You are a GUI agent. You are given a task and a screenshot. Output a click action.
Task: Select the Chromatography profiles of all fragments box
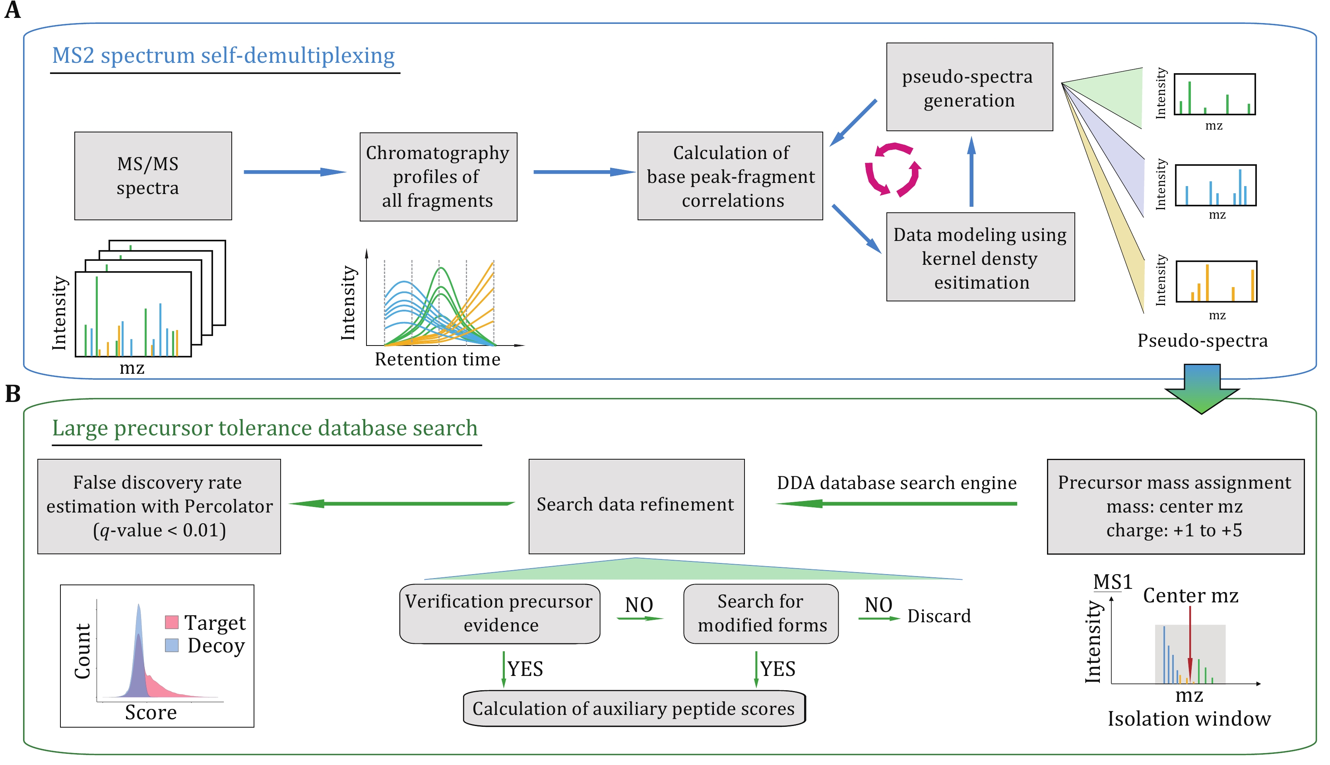(x=438, y=177)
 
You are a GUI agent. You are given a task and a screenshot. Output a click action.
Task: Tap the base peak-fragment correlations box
(x=730, y=176)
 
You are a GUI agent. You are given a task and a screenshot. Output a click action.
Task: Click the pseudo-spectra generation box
(x=969, y=87)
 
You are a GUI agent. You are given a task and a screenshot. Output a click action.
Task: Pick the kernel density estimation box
(x=980, y=258)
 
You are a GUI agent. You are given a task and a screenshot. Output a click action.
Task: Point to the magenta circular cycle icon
(x=892, y=170)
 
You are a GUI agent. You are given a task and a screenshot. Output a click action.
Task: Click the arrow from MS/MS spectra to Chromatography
(x=294, y=172)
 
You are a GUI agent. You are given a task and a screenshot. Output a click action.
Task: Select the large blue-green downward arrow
(x=1202, y=389)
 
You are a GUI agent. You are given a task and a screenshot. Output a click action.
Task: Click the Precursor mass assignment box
(x=1175, y=506)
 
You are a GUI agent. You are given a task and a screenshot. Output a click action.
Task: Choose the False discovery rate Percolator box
(x=159, y=506)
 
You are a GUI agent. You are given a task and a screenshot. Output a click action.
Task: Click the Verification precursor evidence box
(x=500, y=614)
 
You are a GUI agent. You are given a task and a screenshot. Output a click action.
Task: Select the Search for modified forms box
(x=761, y=614)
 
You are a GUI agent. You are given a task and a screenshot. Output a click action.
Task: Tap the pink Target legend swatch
(x=172, y=622)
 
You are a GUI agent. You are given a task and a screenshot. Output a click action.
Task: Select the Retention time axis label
(x=438, y=359)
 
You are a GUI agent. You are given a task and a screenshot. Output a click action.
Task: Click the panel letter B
(x=13, y=394)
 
